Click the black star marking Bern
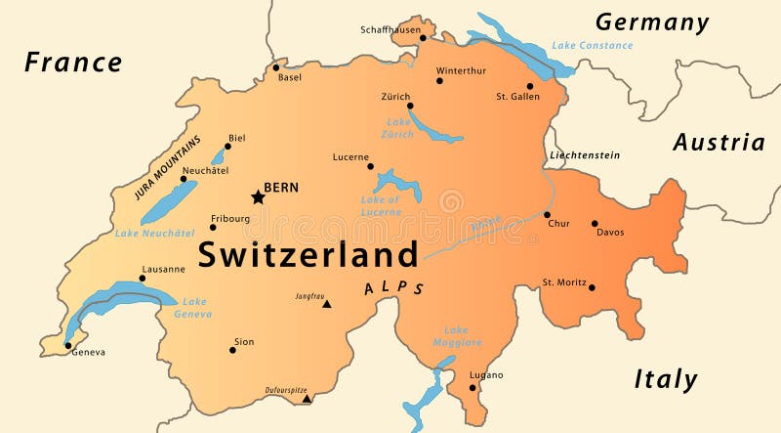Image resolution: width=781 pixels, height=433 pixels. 258,197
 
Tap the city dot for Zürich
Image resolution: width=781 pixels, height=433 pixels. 410,106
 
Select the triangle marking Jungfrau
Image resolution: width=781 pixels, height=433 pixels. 327,304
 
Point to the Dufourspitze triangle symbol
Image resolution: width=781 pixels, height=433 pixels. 307,398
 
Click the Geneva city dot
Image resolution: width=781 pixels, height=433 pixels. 67,345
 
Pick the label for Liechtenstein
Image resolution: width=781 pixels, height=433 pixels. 585,155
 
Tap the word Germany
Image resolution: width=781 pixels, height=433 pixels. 652,22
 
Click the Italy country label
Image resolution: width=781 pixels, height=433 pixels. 666,379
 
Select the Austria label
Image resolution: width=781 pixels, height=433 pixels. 719,143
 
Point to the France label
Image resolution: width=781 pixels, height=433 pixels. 73,63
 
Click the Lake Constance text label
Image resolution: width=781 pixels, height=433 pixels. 592,45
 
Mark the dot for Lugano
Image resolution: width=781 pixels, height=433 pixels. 473,387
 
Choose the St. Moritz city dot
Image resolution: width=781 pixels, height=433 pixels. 592,287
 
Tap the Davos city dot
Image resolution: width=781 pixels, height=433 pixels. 595,223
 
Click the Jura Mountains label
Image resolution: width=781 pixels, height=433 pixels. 167,167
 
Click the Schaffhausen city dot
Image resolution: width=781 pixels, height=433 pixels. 423,38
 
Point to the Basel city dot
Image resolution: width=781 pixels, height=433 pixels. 276,67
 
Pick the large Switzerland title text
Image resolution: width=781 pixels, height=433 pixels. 308,255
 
